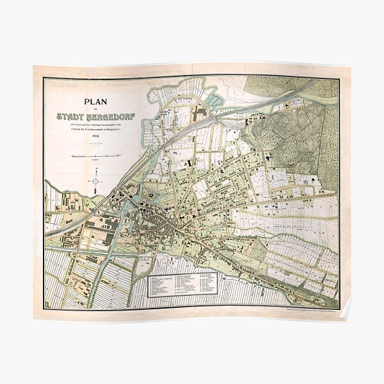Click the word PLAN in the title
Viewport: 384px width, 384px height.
click(x=94, y=100)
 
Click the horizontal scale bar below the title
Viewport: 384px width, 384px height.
click(x=94, y=156)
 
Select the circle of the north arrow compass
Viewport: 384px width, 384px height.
click(x=95, y=181)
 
